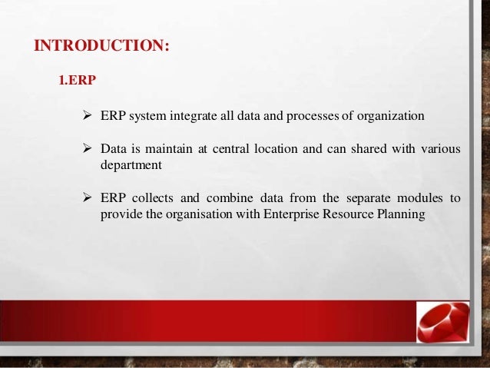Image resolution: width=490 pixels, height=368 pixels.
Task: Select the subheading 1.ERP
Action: click(78, 80)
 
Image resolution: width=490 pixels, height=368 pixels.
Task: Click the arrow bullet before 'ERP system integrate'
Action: click(88, 116)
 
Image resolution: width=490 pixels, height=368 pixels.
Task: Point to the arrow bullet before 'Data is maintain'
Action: click(88, 149)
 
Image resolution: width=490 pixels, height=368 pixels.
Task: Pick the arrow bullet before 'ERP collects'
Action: click(88, 198)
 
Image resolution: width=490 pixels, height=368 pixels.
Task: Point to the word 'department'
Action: click(129, 164)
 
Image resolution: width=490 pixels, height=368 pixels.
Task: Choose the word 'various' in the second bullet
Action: click(441, 149)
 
